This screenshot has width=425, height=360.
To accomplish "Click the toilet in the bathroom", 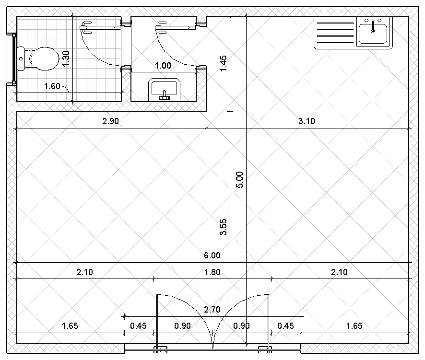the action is coord(38,59).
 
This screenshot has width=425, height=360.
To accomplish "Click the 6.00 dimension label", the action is coord(212,255).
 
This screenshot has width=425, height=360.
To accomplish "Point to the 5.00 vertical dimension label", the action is coord(240,180).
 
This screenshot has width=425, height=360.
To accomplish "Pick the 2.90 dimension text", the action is coord(111,121).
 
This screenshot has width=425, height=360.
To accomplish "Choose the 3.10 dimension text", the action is coord(307,121).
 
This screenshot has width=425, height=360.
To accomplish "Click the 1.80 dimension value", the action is coord(212,272).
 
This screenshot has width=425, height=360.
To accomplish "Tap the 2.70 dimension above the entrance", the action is coord(212,309).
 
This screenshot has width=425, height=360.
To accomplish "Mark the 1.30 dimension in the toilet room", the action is coord(66,58).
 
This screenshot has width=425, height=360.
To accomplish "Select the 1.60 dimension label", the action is coord(52,86).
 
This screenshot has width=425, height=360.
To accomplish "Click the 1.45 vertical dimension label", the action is coord(223,63).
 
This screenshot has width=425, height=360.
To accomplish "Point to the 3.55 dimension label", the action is coord(223,227).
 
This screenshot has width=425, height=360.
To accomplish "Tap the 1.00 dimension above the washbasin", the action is coord(163,66).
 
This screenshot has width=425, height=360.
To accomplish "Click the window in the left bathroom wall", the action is coord(12,58).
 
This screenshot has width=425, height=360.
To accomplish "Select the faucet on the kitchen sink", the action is coord(373,26).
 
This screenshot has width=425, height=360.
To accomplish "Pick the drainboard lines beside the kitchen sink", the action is coord(335,33).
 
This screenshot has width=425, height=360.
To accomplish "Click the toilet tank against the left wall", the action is coord(21,58).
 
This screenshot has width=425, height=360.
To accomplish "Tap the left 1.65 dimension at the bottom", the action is coord(70,325).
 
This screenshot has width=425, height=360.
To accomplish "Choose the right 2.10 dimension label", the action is coord(339,272).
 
